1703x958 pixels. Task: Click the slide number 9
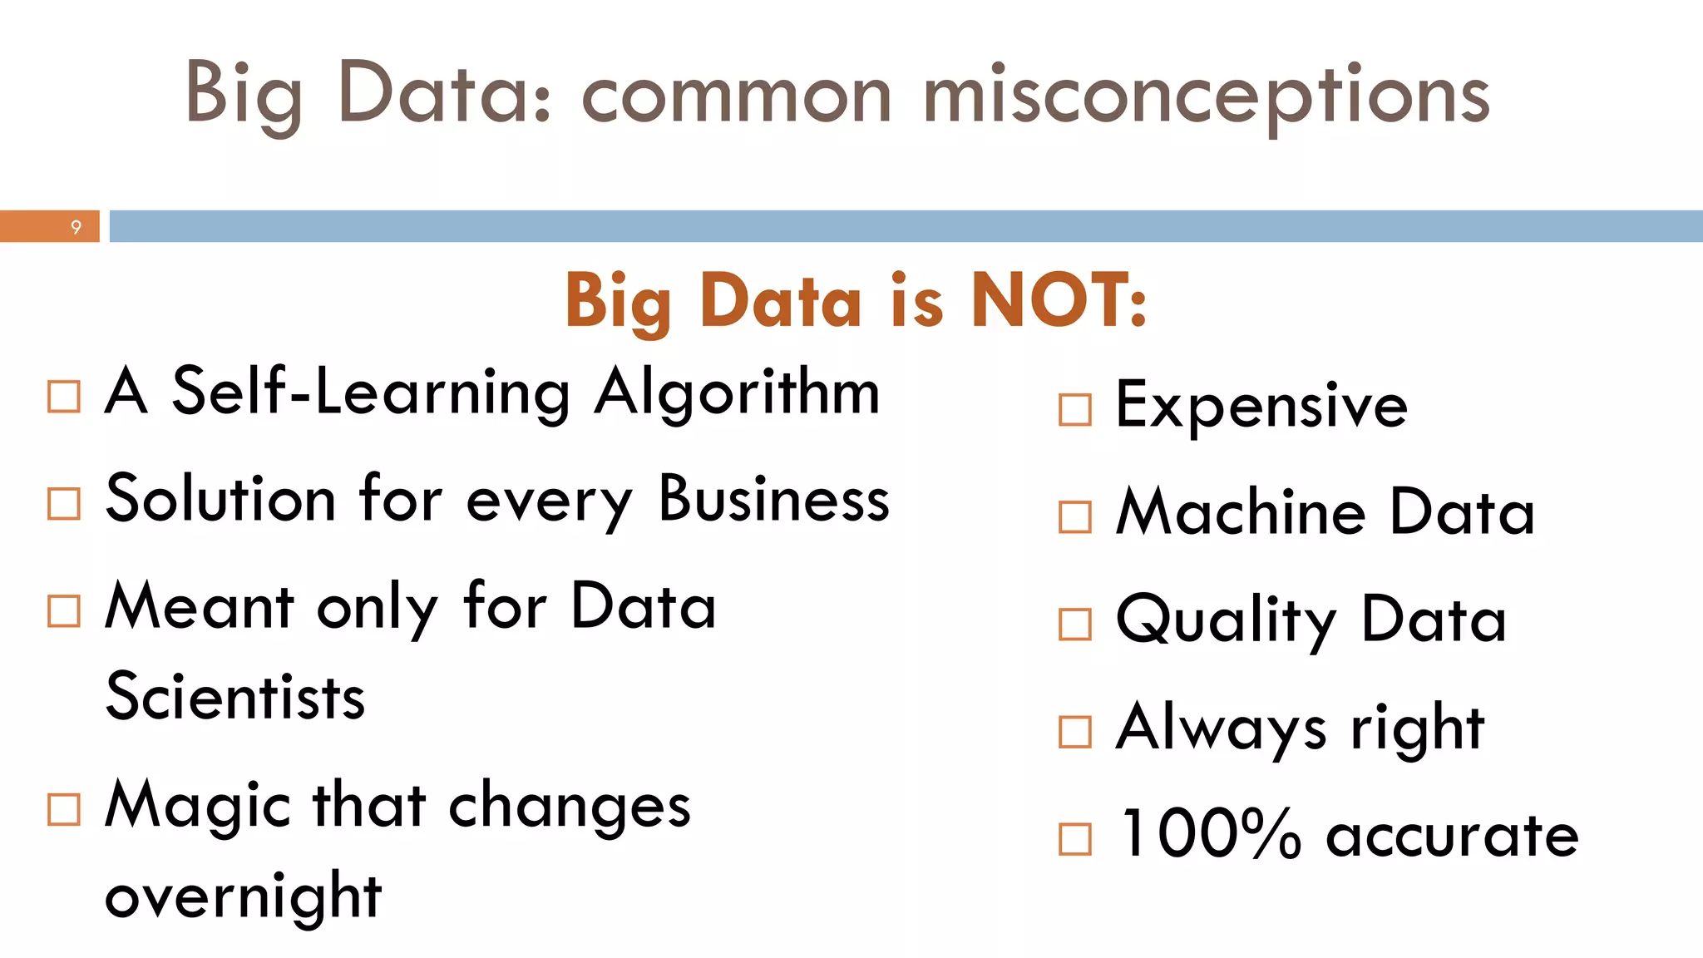point(76,227)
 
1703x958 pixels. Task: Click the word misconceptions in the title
point(1206,96)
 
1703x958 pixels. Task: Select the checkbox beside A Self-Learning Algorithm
point(64,397)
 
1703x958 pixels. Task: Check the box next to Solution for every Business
point(64,504)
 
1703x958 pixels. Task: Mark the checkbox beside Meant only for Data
point(64,611)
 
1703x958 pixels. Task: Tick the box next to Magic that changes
point(64,809)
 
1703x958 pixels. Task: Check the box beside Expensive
point(1075,410)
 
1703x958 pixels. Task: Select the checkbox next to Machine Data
point(1075,517)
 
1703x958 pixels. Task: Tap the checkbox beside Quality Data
point(1075,625)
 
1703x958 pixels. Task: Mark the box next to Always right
point(1075,732)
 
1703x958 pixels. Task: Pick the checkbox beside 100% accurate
point(1075,839)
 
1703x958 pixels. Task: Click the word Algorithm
point(737,393)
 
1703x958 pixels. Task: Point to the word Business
point(774,500)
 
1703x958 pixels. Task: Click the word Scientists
point(235,697)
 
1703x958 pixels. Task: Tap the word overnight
point(243,896)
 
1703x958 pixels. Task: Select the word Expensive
point(1261,406)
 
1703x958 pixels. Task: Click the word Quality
point(1227,620)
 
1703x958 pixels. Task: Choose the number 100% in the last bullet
point(1210,834)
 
